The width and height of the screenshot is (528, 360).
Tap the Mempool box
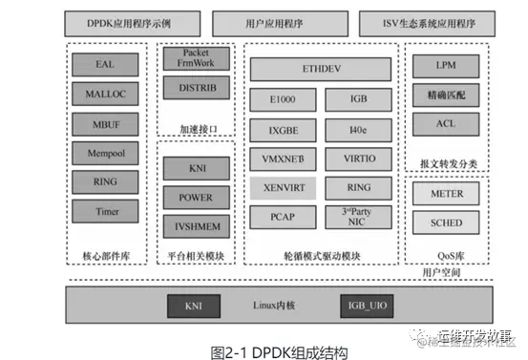point(105,153)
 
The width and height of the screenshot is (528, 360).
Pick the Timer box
point(105,210)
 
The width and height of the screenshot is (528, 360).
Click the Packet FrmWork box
point(198,59)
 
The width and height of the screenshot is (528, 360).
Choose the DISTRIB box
point(198,88)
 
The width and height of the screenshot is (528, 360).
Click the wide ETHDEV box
point(321,70)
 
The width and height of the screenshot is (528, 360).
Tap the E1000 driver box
point(282,100)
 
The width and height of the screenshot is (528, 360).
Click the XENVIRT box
point(282,186)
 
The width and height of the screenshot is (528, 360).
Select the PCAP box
point(282,216)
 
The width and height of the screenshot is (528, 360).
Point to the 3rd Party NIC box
point(357,216)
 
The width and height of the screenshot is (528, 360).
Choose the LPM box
point(445,68)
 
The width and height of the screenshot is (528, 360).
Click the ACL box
point(445,124)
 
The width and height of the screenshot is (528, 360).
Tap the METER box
point(445,195)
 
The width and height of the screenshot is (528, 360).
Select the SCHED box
point(445,222)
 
